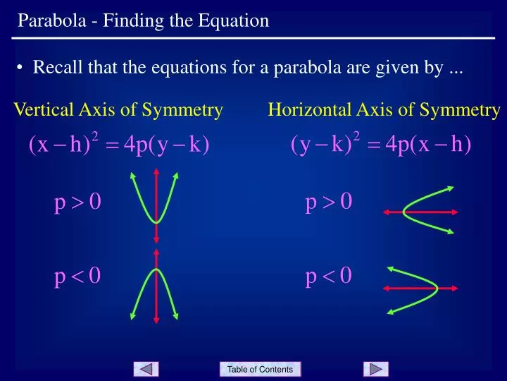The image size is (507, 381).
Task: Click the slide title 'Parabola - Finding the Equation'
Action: click(143, 20)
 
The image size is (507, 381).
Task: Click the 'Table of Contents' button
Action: click(260, 369)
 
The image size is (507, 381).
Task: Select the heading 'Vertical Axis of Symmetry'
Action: click(118, 109)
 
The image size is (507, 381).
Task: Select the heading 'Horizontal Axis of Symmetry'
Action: click(384, 109)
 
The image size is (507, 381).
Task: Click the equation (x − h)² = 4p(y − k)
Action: click(119, 145)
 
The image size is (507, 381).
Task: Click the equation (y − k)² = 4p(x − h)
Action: click(380, 145)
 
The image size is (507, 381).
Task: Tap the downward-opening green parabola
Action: click(144, 282)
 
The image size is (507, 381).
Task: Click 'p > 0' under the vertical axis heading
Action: click(78, 203)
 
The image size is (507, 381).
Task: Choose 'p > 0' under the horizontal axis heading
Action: click(328, 203)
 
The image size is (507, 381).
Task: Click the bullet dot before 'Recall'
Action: click(22, 68)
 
